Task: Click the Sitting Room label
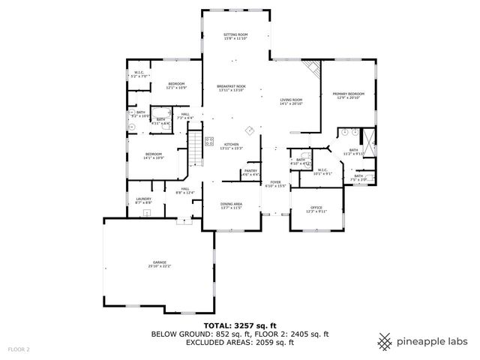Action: [235, 37]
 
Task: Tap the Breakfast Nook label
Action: [232, 88]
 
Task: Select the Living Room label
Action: [291, 101]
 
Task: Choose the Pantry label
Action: [250, 172]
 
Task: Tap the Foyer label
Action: [275, 184]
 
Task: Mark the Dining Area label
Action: [231, 205]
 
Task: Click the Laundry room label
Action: [143, 200]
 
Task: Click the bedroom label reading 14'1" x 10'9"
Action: [154, 155]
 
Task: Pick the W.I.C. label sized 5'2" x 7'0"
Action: [140, 75]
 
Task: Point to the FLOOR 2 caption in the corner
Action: [19, 349]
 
